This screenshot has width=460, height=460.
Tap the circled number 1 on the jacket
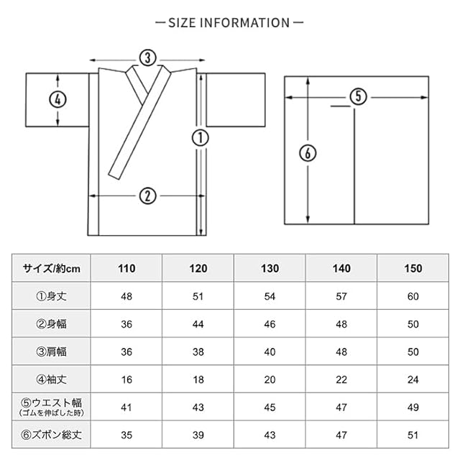click(x=201, y=137)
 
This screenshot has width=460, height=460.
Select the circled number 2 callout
click(x=147, y=195)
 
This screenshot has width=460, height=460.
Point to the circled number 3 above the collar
click(x=147, y=57)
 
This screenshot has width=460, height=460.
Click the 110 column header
click(x=126, y=269)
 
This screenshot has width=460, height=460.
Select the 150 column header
click(x=413, y=269)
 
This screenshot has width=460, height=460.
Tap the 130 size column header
click(x=270, y=269)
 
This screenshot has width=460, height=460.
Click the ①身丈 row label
click(x=52, y=295)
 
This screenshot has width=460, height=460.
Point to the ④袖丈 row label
click(x=52, y=380)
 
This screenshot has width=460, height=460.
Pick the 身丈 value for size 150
click(x=413, y=295)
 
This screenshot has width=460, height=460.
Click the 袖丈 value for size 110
click(x=126, y=380)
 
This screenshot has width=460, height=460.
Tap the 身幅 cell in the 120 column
click(x=198, y=323)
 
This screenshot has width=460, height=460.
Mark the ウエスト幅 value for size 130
click(x=270, y=408)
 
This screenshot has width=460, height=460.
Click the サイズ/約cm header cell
click(x=52, y=269)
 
